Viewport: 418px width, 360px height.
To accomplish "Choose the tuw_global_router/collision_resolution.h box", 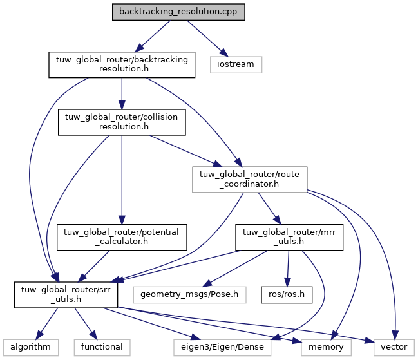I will [122, 122].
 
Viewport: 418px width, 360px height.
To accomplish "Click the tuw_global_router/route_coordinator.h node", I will [249, 180].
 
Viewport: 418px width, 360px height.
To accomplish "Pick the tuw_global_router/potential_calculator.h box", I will [122, 238].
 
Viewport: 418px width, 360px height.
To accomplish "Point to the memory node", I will [326, 347].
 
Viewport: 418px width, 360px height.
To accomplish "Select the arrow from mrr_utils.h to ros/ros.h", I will [287, 267].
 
